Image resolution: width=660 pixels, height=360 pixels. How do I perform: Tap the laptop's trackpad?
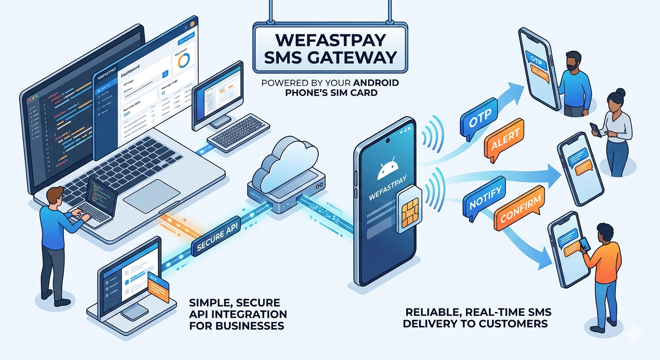click(x=152, y=195)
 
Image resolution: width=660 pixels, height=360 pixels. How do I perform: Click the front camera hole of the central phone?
click(x=388, y=140)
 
